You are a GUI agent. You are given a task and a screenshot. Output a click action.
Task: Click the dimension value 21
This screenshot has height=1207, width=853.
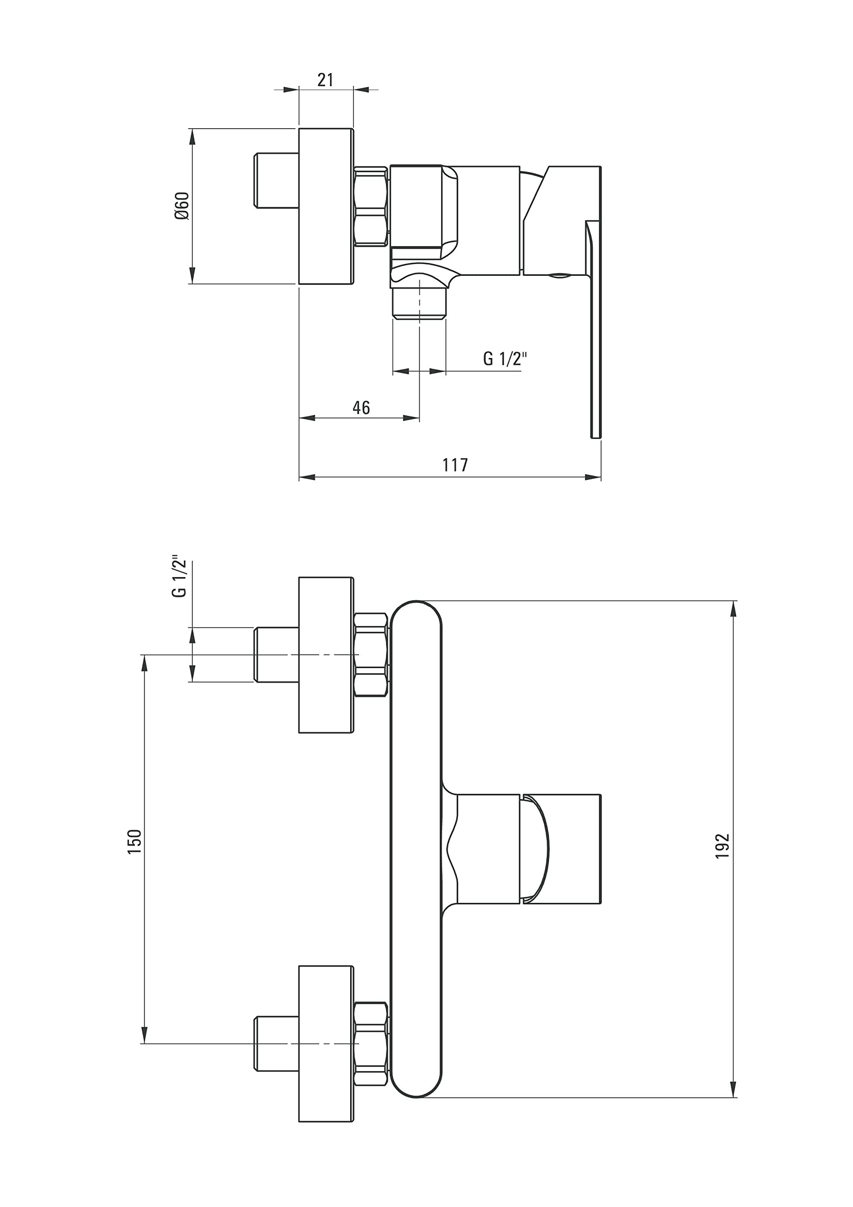(x=325, y=80)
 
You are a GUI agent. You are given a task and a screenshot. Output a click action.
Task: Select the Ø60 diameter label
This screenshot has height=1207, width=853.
(x=182, y=206)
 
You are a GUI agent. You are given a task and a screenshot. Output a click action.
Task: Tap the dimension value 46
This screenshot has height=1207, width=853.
(x=361, y=407)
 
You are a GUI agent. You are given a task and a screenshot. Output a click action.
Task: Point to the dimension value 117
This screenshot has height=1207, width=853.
(x=455, y=465)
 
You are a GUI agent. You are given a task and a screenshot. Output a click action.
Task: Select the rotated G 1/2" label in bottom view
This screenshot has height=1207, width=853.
(x=179, y=576)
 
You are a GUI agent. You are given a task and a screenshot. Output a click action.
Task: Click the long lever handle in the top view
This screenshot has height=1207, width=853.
(x=593, y=329)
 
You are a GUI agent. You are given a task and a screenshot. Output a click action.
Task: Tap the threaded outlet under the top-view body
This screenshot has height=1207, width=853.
(x=419, y=303)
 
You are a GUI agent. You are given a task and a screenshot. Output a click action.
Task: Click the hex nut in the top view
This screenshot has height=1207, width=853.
(x=371, y=207)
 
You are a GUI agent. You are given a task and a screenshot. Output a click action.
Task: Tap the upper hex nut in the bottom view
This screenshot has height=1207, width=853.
(x=371, y=654)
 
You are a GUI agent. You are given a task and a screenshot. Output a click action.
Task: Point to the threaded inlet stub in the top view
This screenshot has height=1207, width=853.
(x=277, y=180)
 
